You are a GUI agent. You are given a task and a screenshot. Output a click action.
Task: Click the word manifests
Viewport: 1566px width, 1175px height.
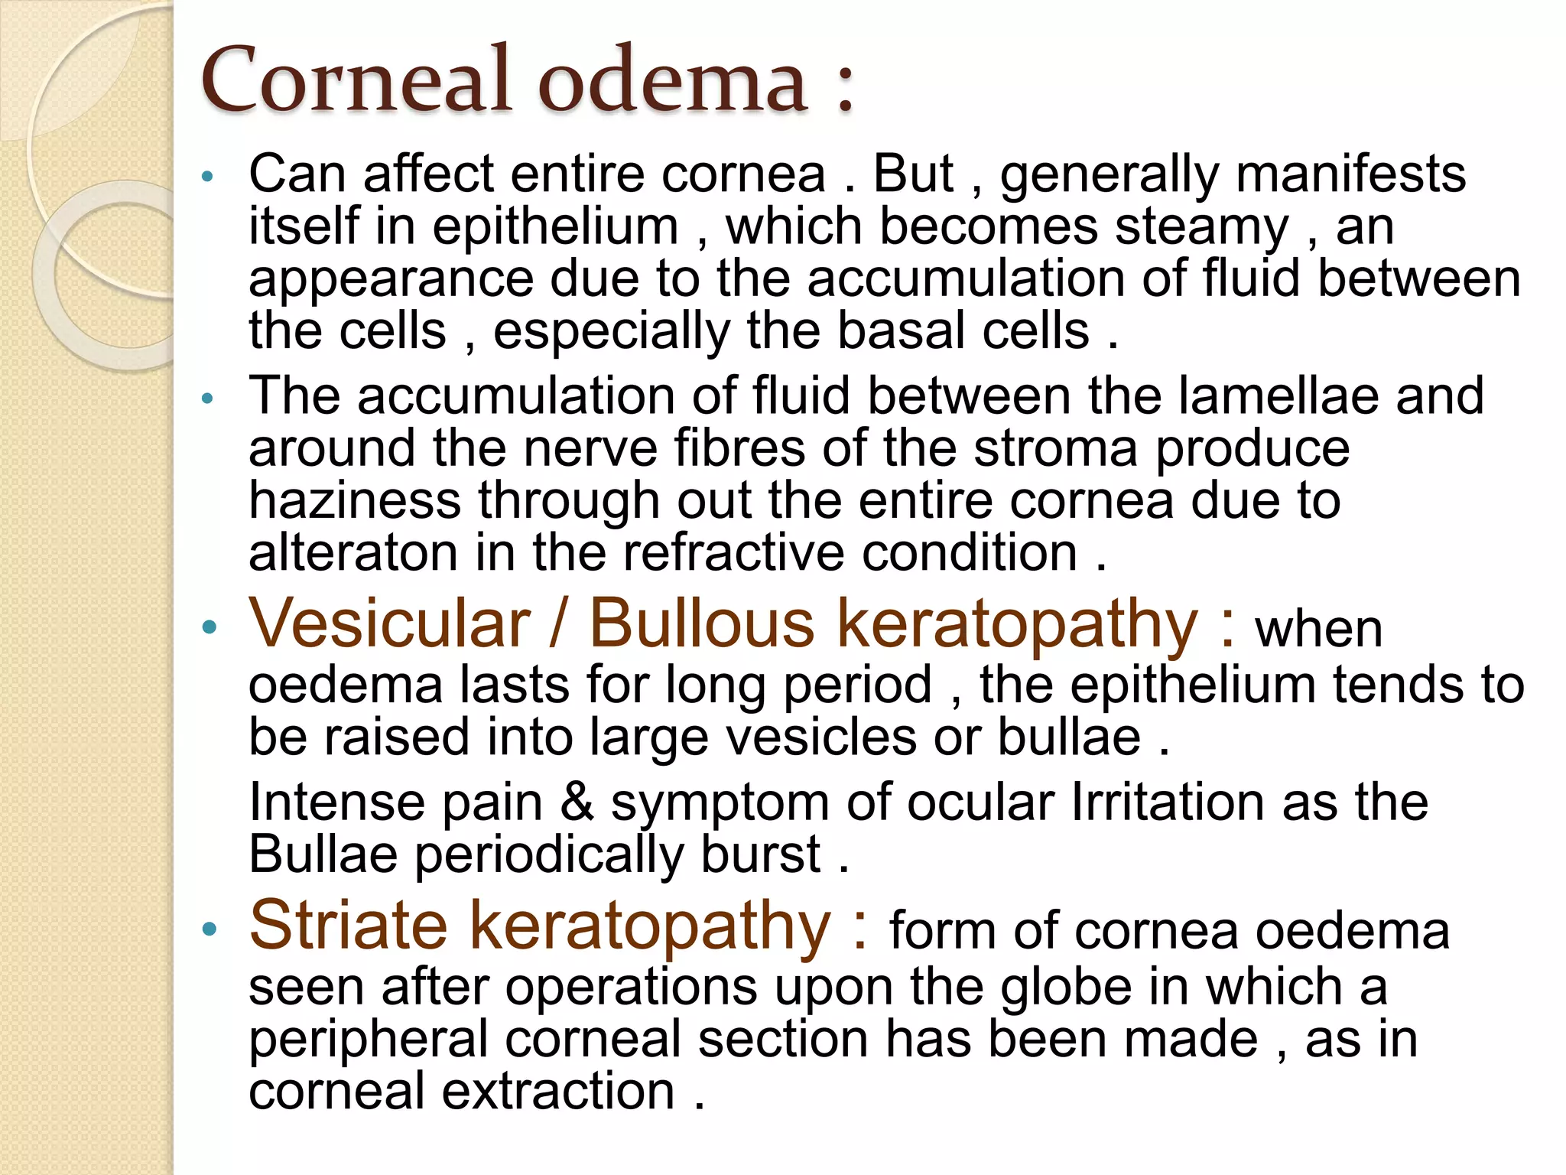[x=1350, y=174]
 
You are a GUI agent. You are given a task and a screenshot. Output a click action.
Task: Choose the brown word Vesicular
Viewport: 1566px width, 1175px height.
[x=390, y=624]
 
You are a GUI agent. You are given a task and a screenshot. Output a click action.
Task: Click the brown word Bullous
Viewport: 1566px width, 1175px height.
[x=702, y=624]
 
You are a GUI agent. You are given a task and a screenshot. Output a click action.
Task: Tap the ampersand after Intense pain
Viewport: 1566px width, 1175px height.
[x=577, y=802]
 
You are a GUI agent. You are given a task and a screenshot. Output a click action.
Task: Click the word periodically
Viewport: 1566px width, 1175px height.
[x=550, y=854]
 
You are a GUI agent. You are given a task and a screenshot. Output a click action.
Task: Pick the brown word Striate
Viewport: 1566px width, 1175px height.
[x=349, y=926]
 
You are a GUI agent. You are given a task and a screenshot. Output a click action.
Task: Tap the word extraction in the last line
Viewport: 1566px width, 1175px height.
[x=559, y=1092]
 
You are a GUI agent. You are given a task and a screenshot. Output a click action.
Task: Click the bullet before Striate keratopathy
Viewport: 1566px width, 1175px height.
[x=209, y=930]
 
